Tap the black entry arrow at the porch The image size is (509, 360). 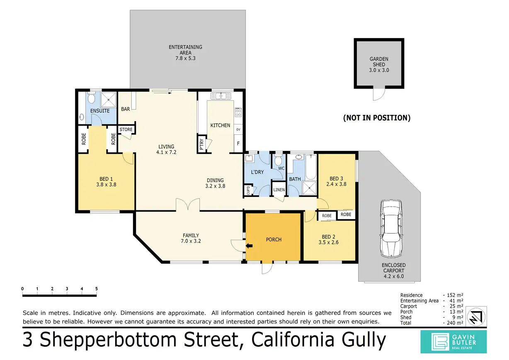tap(249, 246)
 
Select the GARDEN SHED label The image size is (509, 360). tap(379, 64)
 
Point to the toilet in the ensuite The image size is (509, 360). tap(92, 99)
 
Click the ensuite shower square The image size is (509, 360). tap(109, 99)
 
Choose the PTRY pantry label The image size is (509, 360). tap(202, 145)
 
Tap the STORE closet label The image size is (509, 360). tap(126, 130)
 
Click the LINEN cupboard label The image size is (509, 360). tap(279, 190)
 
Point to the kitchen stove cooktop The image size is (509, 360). tap(238, 112)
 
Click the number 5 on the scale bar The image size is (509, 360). tap(97, 289)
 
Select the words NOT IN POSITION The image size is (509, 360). tap(377, 118)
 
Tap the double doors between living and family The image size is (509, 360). tap(188, 205)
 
